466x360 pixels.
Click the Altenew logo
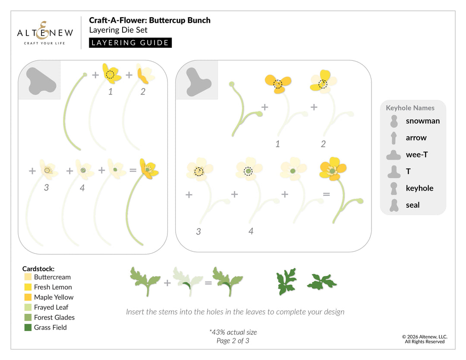tap(45, 33)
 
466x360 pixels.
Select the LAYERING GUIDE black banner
tap(130, 43)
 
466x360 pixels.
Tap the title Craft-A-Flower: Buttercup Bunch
tap(150, 20)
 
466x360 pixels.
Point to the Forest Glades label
tap(54, 317)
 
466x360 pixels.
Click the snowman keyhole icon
tap(394, 121)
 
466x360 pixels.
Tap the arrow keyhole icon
tap(394, 138)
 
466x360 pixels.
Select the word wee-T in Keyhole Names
tap(416, 154)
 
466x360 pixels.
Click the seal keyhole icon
tap(394, 205)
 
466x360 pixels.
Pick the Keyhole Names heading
tap(410, 108)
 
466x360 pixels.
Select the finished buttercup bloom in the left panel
tap(149, 169)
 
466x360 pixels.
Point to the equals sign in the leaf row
tap(208, 283)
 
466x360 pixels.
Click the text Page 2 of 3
tap(233, 341)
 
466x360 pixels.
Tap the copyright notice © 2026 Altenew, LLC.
tap(425, 337)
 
